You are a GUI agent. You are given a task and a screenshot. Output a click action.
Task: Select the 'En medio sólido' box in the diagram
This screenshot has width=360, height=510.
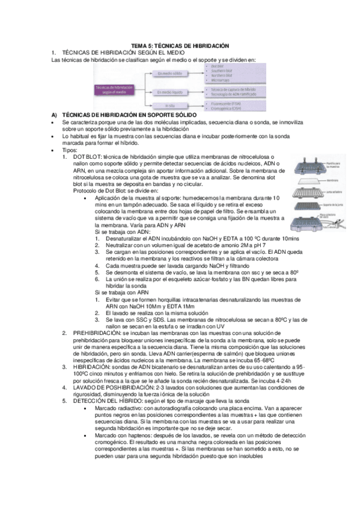tap(169, 74)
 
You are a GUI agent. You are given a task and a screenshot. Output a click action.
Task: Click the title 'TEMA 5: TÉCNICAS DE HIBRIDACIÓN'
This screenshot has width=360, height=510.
tap(180, 46)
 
